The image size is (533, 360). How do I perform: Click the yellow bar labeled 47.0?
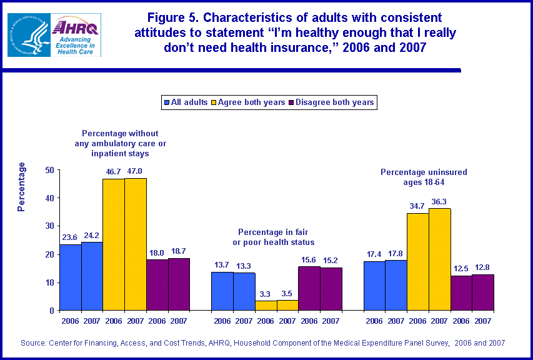[136, 244]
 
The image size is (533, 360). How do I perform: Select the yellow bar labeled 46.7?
[114, 245]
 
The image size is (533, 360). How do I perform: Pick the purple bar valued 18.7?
[179, 284]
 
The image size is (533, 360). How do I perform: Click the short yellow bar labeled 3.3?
[266, 306]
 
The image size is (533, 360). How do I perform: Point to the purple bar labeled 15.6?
[309, 288]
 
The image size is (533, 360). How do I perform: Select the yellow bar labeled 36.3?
[439, 259]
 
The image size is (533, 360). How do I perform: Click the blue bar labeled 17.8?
[396, 286]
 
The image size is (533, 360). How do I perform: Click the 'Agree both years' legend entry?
[249, 102]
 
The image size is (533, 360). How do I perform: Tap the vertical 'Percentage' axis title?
[22, 186]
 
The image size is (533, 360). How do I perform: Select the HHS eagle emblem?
[28, 34]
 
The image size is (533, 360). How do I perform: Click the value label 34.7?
[418, 206]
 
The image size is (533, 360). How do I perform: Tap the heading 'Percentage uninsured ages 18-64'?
[424, 177]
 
